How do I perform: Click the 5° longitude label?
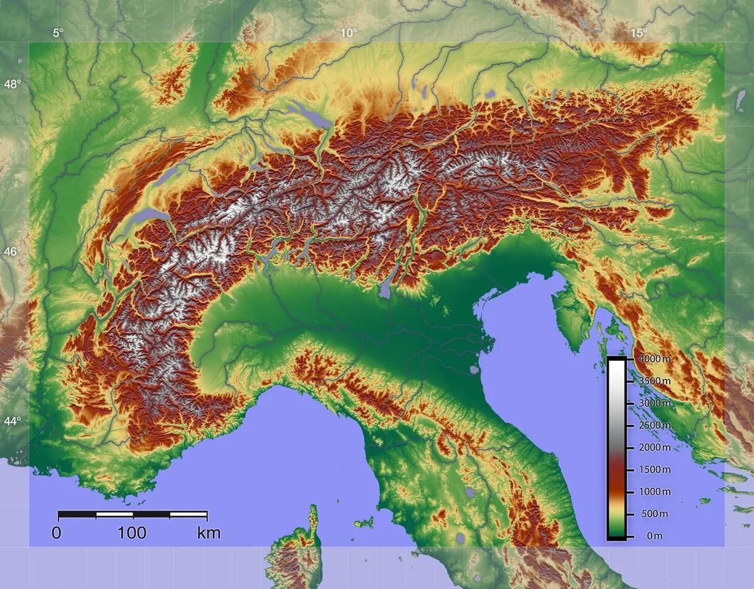tap(58, 33)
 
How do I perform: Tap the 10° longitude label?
tap(349, 33)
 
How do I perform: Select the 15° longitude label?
tap(638, 33)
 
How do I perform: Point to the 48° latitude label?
tap(13, 84)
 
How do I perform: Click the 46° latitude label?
tap(13, 252)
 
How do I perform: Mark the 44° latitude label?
tap(13, 421)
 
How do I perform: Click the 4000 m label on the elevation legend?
tap(654, 359)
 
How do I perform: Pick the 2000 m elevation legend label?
tap(654, 448)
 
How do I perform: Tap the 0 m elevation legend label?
tap(654, 536)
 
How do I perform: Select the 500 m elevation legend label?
tap(654, 514)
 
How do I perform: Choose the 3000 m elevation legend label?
tap(654, 403)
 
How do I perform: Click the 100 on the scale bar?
tap(132, 534)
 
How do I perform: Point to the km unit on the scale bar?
tap(209, 534)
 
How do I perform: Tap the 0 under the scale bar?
tap(57, 534)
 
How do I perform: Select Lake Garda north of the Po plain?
tap(386, 288)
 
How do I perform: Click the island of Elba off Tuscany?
tap(364, 522)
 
